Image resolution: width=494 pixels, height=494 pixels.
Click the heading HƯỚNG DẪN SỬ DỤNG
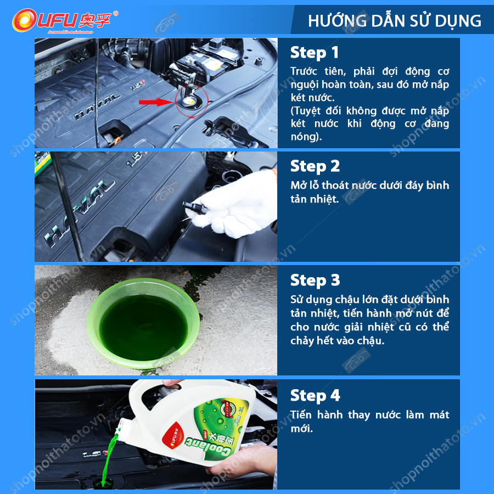[x=394, y=21]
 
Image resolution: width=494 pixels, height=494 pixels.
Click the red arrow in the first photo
[x=154, y=102]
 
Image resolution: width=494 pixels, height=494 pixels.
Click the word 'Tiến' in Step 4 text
[x=301, y=415]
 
